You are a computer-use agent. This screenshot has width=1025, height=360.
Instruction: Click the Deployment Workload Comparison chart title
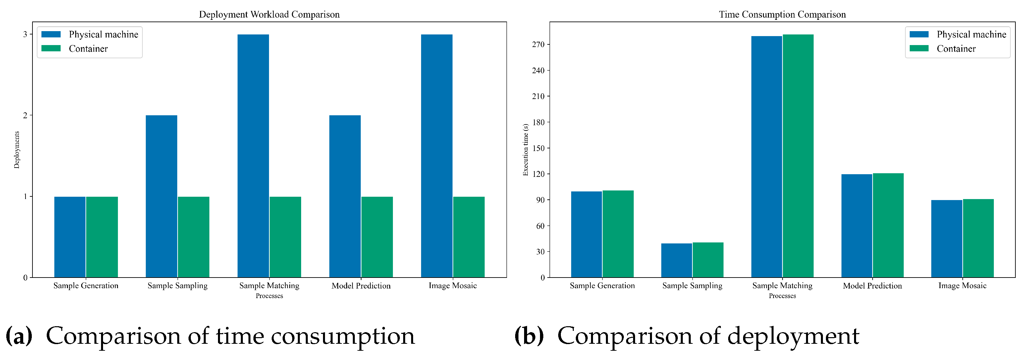(269, 14)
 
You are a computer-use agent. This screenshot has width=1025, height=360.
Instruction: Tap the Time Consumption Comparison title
(782, 14)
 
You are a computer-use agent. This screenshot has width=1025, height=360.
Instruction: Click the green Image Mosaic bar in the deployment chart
(468, 237)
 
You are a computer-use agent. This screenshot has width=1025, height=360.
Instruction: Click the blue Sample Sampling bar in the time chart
(676, 260)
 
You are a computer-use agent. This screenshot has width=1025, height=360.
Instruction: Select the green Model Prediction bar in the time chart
(888, 225)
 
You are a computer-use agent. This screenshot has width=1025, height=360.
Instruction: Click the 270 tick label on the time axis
(538, 45)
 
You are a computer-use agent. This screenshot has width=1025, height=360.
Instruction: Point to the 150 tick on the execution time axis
(538, 148)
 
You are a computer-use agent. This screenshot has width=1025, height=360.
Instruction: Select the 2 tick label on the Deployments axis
(26, 115)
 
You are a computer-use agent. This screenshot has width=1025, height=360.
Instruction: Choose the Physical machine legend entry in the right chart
(971, 34)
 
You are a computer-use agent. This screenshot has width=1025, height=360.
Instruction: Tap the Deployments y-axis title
(17, 150)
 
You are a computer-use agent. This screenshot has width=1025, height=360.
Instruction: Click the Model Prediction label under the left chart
(361, 285)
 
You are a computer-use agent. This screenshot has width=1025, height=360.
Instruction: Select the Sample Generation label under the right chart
(602, 285)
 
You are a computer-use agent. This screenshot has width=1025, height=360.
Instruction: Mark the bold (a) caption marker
(19, 335)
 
